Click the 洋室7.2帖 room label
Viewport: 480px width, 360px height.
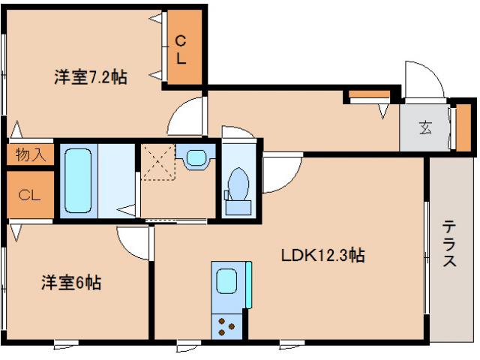pyautogui.click(x=89, y=76)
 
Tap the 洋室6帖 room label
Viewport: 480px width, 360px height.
pyautogui.click(x=70, y=283)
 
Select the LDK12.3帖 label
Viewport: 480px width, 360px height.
pyautogui.click(x=322, y=256)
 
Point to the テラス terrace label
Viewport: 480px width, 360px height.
pyautogui.click(x=449, y=243)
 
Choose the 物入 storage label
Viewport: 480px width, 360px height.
pyautogui.click(x=30, y=154)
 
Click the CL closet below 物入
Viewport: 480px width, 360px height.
pyautogui.click(x=30, y=196)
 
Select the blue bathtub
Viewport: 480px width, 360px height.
pyautogui.click(x=77, y=179)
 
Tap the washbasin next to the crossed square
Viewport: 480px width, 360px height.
pyautogui.click(x=196, y=158)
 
